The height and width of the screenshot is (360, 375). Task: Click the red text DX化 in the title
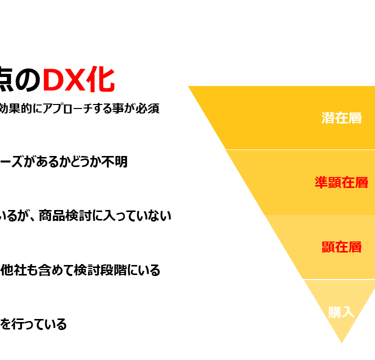(x=78, y=79)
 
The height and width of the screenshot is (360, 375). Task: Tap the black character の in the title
(x=28, y=80)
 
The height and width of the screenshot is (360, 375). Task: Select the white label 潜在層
(x=341, y=118)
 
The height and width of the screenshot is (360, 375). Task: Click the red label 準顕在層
(x=341, y=182)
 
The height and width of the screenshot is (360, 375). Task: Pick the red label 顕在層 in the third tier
(x=341, y=247)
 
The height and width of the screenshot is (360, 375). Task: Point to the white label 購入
(x=341, y=312)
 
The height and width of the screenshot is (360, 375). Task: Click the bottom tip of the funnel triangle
(x=342, y=343)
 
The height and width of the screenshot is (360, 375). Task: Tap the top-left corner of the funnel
(x=188, y=86)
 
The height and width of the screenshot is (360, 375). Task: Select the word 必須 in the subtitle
(x=147, y=108)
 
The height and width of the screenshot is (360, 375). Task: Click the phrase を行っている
(x=33, y=324)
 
